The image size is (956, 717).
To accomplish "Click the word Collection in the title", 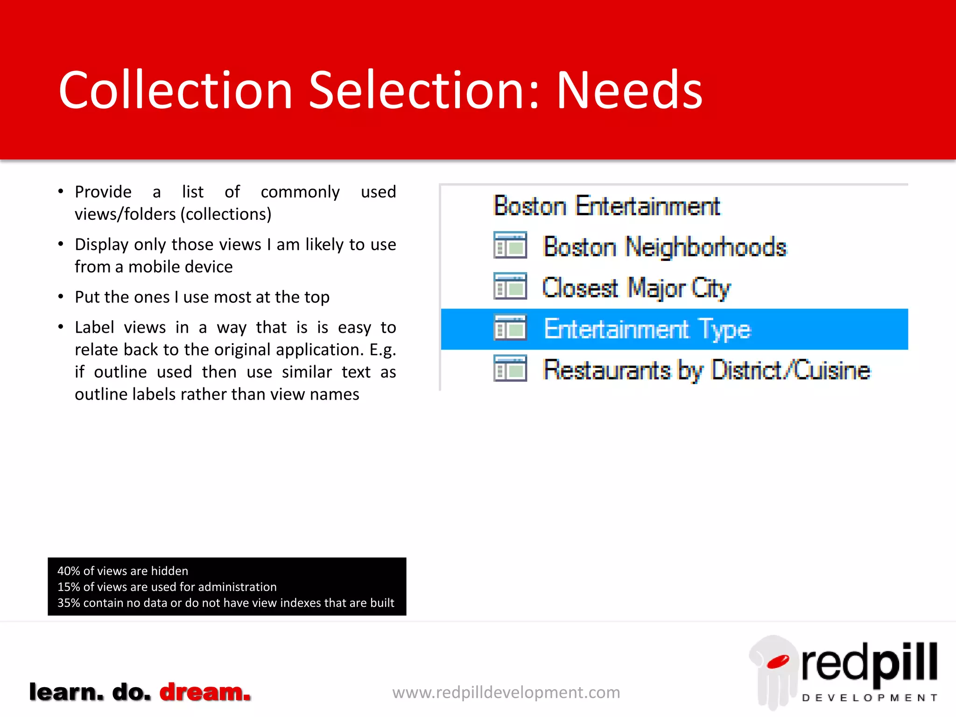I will pos(176,90).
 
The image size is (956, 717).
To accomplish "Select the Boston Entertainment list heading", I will pos(606,206).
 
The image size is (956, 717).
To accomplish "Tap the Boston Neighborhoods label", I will pos(665,246).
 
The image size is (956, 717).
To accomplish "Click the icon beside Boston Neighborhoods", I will pos(510,246).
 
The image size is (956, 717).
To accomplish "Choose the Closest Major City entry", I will pos(636,288).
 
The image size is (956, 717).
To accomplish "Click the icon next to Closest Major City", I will pos(510,286).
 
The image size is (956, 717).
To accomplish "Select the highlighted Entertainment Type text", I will pos(647,329).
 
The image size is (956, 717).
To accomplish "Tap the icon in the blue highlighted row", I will pos(510,328).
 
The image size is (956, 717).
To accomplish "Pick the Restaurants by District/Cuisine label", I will pos(706,370).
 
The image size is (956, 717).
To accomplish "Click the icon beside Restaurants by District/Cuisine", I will pos(510,369).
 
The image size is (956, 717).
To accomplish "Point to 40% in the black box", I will pos(69,571).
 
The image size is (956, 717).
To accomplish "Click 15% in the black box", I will pos(69,587).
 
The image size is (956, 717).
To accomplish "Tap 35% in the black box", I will pos(69,603).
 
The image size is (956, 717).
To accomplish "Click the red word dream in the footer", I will pos(205,692).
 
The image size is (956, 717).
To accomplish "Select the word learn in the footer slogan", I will pos(66,692).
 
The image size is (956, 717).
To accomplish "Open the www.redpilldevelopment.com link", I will pos(506,692).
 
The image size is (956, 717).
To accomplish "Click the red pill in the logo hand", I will pos(777,661).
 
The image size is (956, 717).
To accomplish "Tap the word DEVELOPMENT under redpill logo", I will pos(869,698).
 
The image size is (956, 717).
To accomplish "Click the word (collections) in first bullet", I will pos(226,214).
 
